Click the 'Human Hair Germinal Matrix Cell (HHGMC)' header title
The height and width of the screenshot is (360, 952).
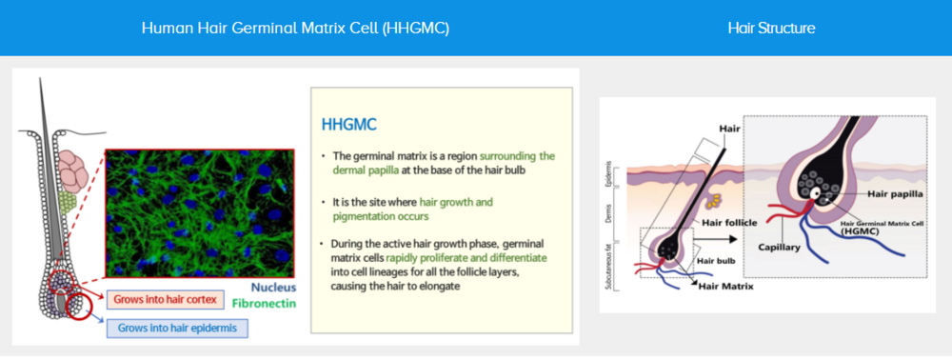click(295, 29)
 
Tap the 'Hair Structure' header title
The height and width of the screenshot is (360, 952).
click(771, 29)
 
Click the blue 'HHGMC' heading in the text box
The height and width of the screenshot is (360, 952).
click(349, 125)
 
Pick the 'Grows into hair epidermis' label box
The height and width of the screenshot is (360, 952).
click(178, 328)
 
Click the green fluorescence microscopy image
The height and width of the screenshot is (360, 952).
click(200, 213)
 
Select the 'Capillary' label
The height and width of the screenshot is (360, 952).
click(780, 247)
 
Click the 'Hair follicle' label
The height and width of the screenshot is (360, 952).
click(729, 222)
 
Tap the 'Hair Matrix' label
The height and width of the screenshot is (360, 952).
click(725, 286)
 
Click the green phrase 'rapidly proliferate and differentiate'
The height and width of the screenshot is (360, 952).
click(466, 257)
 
